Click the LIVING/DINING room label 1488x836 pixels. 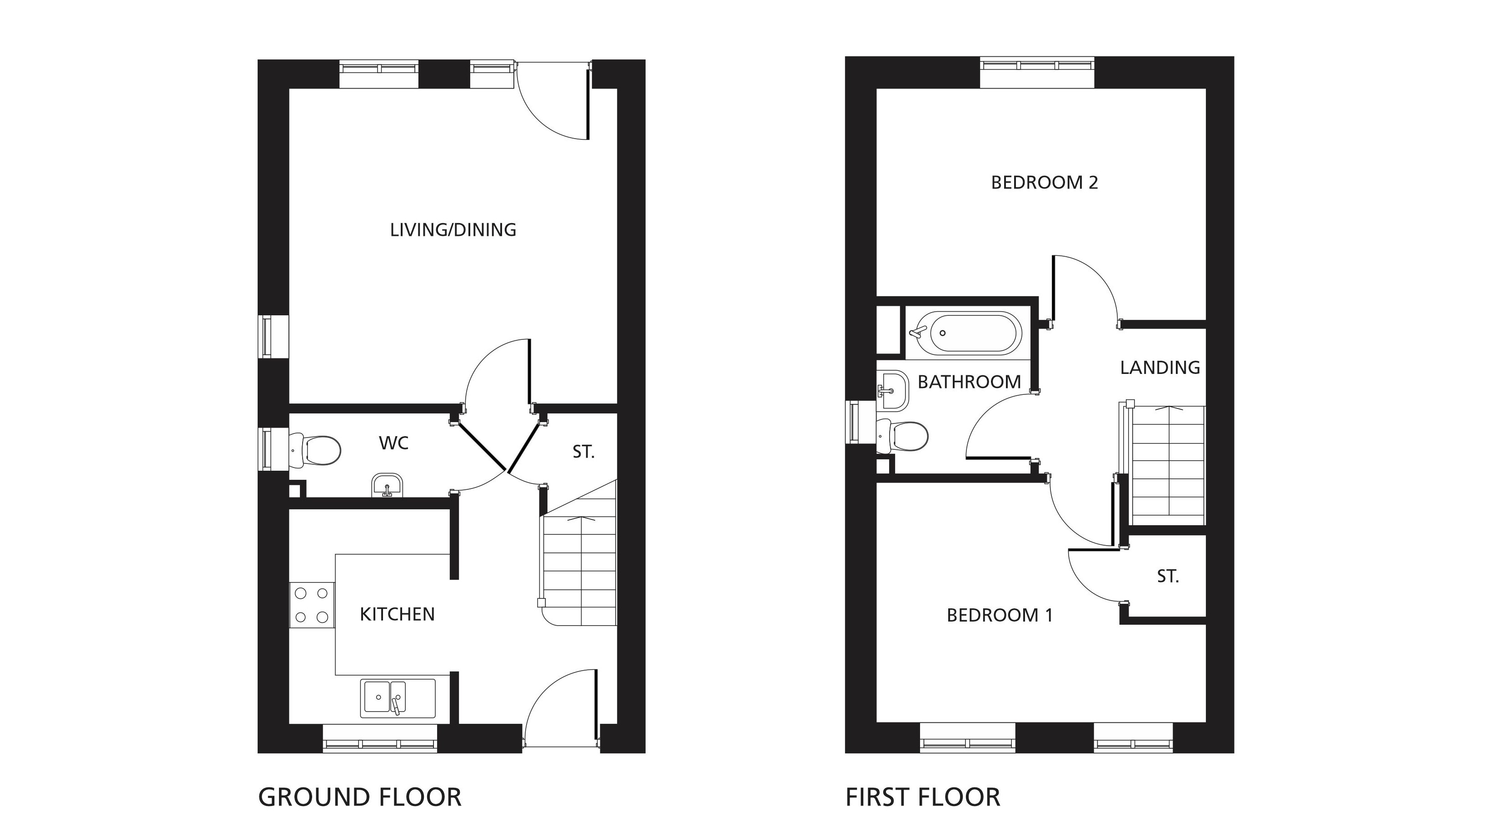(453, 230)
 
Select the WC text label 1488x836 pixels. (393, 443)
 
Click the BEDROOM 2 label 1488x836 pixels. (1045, 183)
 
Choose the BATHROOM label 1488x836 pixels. (969, 382)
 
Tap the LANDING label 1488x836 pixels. (1160, 368)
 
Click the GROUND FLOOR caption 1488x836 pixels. (359, 797)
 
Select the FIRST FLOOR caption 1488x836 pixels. (922, 797)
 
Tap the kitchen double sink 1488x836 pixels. (398, 698)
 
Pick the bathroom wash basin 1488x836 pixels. (893, 391)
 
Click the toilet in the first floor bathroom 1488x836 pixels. (902, 436)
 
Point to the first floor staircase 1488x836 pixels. (1167, 465)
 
